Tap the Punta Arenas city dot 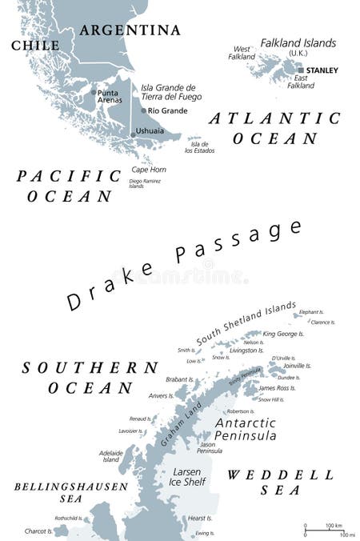(x=94, y=92)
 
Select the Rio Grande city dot (x=143, y=110)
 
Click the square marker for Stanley (x=301, y=70)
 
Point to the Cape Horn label (x=149, y=169)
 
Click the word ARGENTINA (x=130, y=30)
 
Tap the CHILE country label (x=34, y=46)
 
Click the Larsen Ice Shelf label (x=186, y=476)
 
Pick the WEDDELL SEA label (x=280, y=482)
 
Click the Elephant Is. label (x=311, y=311)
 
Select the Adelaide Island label (x=110, y=456)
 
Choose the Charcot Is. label (x=36, y=530)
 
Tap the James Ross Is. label (x=278, y=388)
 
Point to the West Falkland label (x=242, y=53)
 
